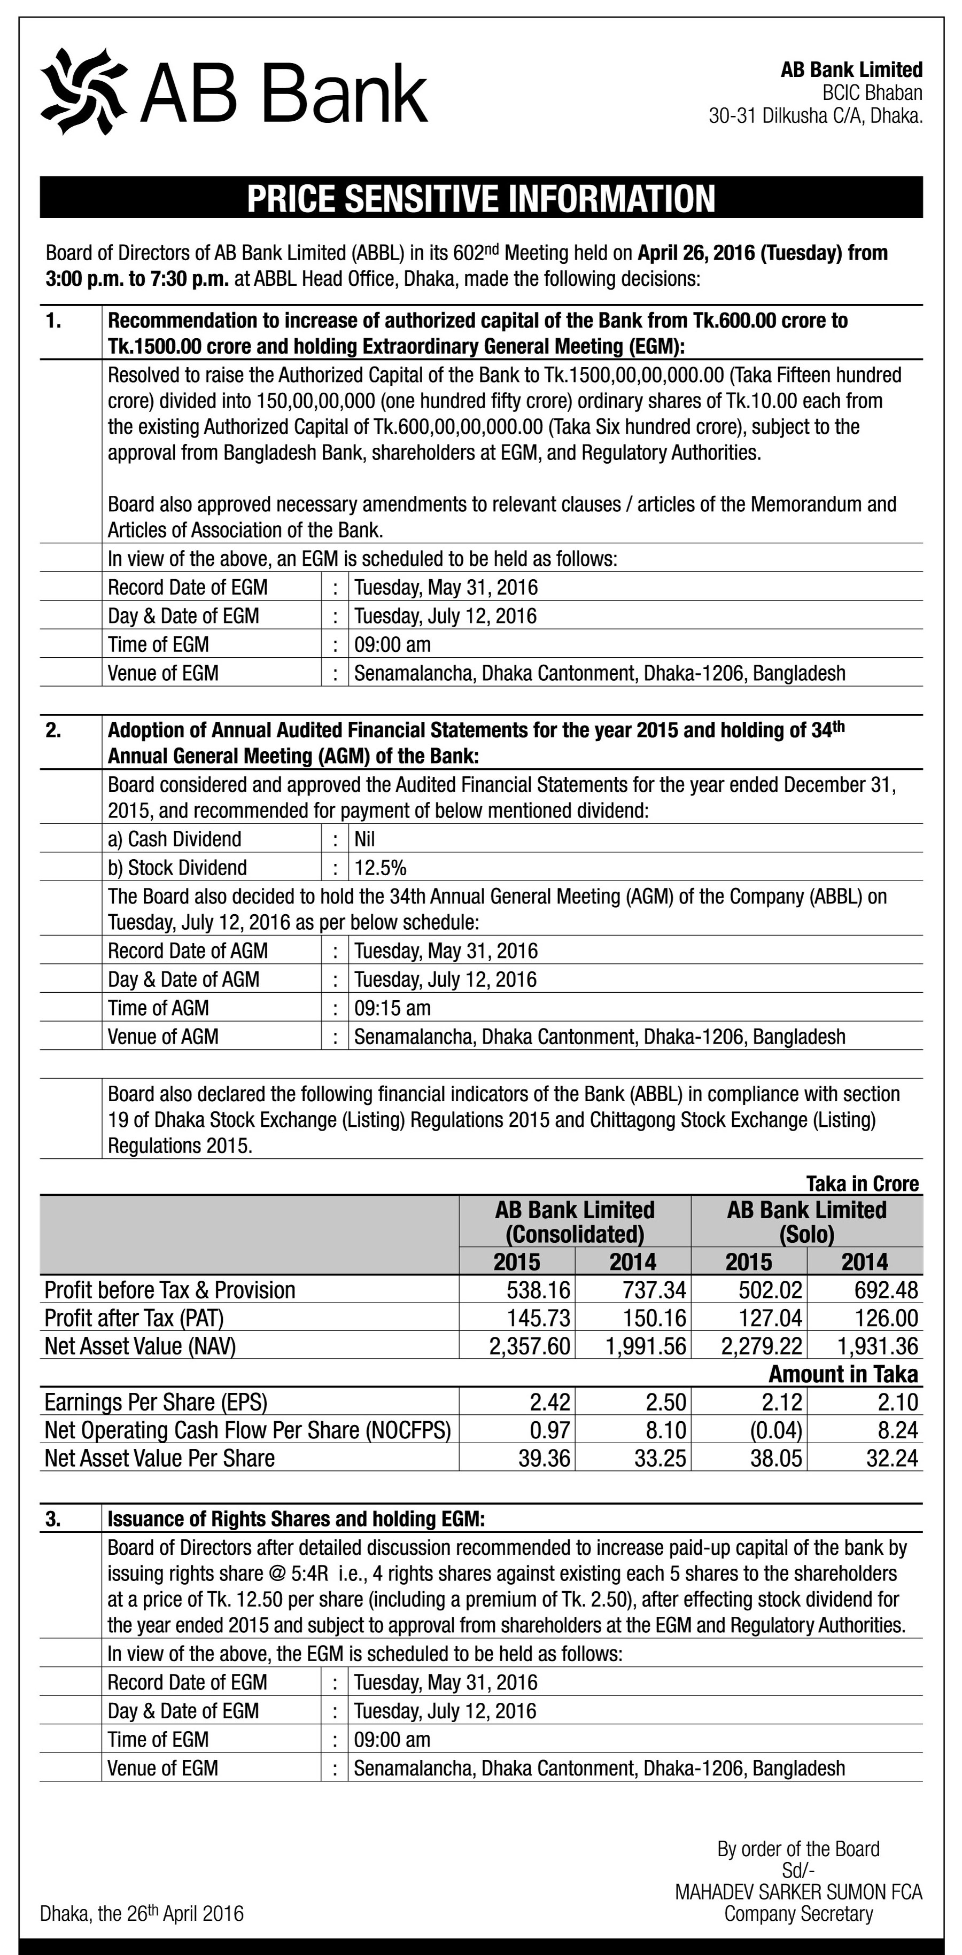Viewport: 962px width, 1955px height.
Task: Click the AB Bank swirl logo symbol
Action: click(x=83, y=91)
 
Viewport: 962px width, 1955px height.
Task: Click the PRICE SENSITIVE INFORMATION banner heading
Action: click(x=480, y=198)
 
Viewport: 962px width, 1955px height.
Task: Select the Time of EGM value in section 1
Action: click(x=392, y=644)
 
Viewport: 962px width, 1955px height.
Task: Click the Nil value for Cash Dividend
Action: click(x=364, y=839)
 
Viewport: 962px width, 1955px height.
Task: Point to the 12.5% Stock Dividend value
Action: click(x=379, y=868)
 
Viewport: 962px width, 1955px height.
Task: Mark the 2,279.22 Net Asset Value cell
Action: click(x=761, y=1346)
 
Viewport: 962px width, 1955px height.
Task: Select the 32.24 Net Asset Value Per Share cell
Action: click(x=891, y=1458)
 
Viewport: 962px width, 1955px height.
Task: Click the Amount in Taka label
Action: click(x=843, y=1374)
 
